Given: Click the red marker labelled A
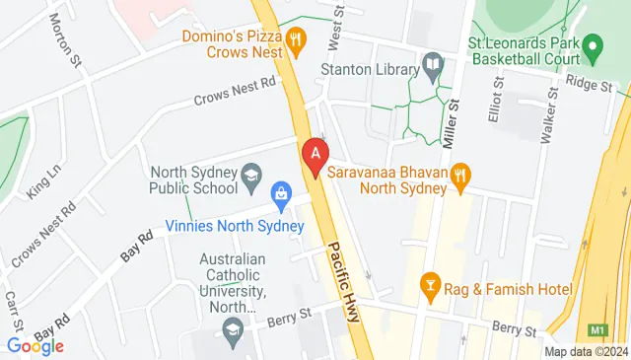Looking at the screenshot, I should (315, 155).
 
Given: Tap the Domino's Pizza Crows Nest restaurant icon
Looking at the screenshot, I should (295, 39).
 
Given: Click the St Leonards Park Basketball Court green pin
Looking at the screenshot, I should (593, 45).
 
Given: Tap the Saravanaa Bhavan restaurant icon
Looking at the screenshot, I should (458, 177).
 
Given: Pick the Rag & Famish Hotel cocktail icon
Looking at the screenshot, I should (431, 287).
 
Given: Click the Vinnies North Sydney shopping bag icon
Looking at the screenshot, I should (281, 193).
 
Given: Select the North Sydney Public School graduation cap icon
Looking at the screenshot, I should (253, 179).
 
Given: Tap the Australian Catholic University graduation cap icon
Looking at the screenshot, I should (232, 333).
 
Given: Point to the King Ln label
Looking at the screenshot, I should (43, 181).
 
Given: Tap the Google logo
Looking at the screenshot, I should (35, 345).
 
